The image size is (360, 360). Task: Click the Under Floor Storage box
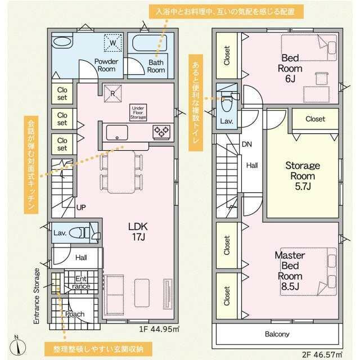[138, 112]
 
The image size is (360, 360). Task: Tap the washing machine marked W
[112, 43]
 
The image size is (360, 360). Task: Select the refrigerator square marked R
[112, 94]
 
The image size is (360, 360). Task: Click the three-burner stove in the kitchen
[161, 132]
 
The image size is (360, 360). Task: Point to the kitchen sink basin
[117, 133]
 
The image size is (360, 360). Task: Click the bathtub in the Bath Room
[150, 43]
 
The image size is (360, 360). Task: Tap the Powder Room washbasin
[62, 42]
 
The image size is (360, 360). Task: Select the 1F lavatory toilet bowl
[76, 233]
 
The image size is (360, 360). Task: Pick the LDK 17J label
[138, 232]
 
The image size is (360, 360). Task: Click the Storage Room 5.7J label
[303, 176]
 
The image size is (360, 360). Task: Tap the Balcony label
[277, 334]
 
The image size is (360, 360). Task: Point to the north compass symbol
[18, 346]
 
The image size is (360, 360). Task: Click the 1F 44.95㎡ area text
[159, 329]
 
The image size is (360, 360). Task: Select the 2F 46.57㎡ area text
[322, 355]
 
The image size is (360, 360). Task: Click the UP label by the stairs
[81, 208]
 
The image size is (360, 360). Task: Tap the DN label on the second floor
[247, 144]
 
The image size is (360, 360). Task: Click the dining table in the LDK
[121, 172]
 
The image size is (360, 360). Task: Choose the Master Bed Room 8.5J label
[290, 271]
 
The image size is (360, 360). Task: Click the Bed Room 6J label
[290, 69]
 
